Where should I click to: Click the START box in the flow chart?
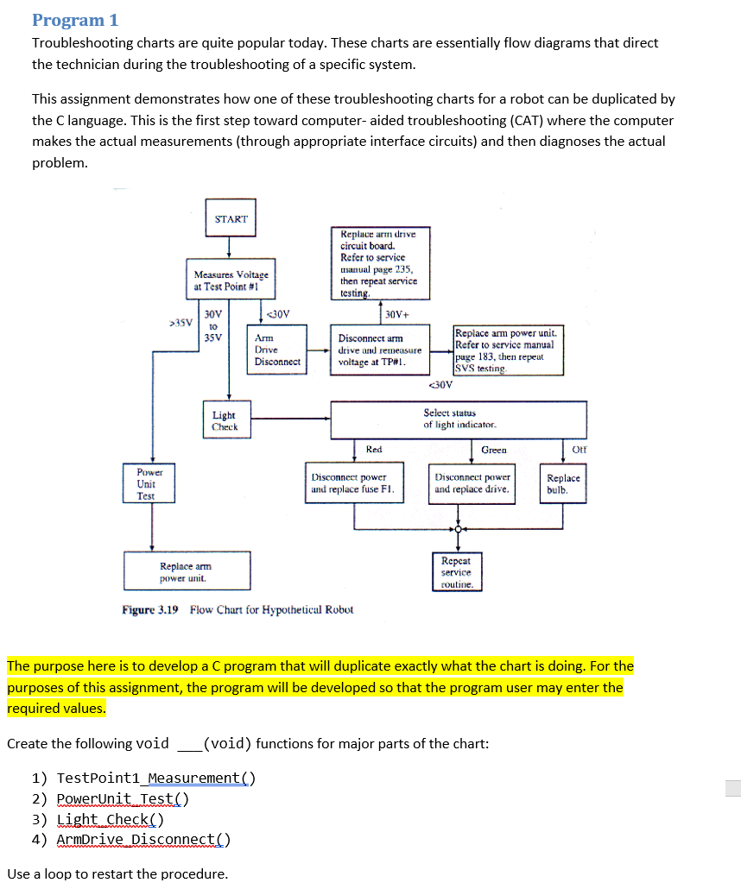pos(231,219)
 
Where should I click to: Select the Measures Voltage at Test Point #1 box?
pos(231,281)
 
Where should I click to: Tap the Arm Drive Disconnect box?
pos(277,350)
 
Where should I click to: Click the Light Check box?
pos(225,421)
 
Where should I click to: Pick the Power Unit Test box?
pos(146,484)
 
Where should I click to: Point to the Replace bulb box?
pos(564,483)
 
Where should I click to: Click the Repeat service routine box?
pos(456,572)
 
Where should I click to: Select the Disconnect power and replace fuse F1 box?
pos(354,483)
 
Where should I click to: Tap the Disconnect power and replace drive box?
pos(472,483)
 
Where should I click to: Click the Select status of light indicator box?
pos(459,419)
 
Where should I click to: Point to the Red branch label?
pos(374,450)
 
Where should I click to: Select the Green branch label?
pos(494,450)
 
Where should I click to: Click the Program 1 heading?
pos(75,19)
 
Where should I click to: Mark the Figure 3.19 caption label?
pos(150,609)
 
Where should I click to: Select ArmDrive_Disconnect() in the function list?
pos(143,840)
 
